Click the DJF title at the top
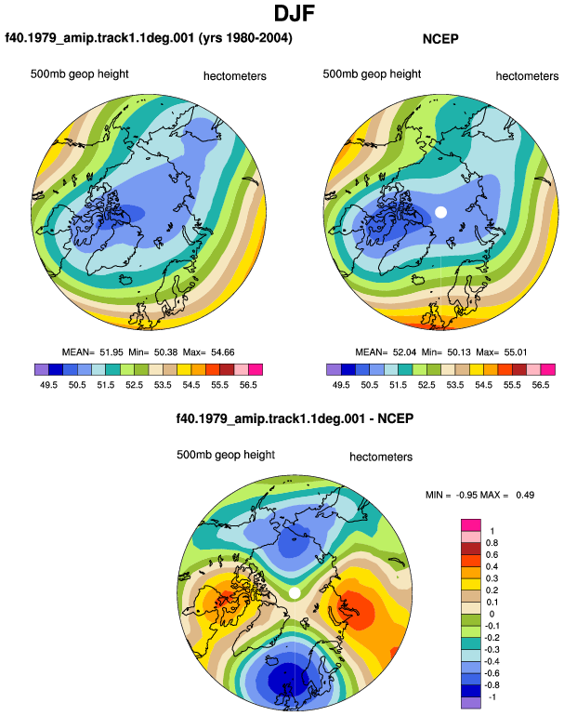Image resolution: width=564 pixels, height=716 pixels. [x=295, y=13]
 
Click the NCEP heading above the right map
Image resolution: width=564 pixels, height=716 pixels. [x=440, y=39]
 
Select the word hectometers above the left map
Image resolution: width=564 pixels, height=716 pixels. [x=234, y=76]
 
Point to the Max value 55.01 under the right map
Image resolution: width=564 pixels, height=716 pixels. [x=516, y=352]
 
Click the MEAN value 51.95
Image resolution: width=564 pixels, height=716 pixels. [x=111, y=352]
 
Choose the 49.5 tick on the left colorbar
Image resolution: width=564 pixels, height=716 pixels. [x=49, y=385]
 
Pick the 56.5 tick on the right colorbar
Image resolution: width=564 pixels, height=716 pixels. [x=540, y=385]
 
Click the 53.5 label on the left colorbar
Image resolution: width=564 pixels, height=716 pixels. [x=163, y=385]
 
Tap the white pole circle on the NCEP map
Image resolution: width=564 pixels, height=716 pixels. [x=440, y=212]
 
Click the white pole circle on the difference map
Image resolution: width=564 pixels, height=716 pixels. [x=295, y=592]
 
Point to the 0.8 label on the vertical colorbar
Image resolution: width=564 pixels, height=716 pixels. [x=492, y=542]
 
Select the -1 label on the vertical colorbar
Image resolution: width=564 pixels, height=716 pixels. [x=492, y=696]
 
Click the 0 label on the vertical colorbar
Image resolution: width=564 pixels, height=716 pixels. [x=492, y=614]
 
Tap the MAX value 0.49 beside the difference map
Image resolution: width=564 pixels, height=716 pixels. [x=525, y=495]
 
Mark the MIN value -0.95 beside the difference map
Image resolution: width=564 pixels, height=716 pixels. [x=466, y=495]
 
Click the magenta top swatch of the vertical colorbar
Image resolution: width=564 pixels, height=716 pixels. [x=471, y=524]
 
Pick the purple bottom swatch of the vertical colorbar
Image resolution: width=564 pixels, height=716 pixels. [x=471, y=703]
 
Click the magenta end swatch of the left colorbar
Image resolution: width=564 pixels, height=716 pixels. [x=256, y=369]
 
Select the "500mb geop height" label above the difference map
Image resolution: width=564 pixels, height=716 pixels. [x=226, y=455]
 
